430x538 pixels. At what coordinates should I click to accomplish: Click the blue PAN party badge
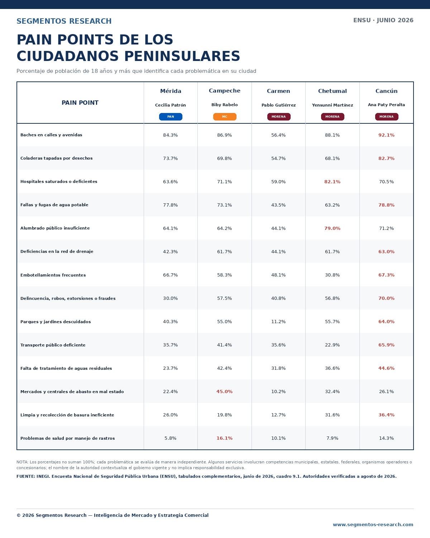(x=171, y=117)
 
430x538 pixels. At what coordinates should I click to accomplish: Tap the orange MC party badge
(x=225, y=117)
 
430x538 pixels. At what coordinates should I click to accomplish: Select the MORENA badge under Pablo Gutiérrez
(x=278, y=117)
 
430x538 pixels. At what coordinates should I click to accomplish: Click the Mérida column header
(x=171, y=91)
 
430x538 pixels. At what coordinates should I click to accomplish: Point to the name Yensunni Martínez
(x=332, y=105)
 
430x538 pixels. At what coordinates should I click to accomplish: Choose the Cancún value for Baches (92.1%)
(x=386, y=135)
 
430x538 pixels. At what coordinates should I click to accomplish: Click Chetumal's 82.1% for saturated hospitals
(x=332, y=182)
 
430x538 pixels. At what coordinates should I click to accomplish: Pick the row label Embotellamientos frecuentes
(x=53, y=275)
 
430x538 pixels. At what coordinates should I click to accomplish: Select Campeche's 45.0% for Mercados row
(x=224, y=392)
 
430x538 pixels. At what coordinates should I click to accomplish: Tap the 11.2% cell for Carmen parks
(x=278, y=321)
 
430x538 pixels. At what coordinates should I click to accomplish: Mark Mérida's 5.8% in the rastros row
(x=171, y=438)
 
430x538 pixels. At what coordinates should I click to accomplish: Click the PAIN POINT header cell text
(x=80, y=103)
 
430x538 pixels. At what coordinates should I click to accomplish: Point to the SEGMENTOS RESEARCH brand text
(x=64, y=21)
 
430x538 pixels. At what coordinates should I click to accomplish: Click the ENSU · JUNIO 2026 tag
(x=383, y=20)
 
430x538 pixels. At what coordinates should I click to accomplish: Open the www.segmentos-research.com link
(x=373, y=524)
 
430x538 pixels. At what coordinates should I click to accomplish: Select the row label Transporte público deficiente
(x=53, y=345)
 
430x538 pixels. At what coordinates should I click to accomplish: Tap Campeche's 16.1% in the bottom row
(x=224, y=438)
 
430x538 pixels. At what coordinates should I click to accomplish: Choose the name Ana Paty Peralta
(x=386, y=105)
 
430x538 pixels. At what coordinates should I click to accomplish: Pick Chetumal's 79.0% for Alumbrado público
(x=332, y=228)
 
